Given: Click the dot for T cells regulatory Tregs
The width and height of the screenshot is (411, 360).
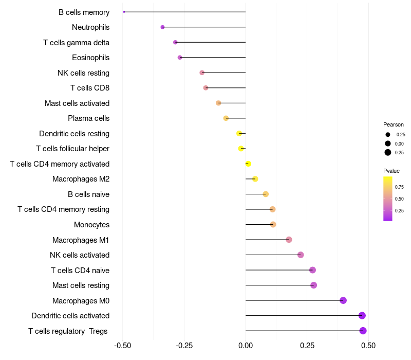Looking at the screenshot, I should [x=363, y=331].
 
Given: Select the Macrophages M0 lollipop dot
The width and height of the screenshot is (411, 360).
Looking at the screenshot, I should [x=343, y=300].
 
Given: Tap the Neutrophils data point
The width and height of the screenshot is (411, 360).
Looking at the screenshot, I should [x=162, y=27].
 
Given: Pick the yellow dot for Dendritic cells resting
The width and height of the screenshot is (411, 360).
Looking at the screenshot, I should [x=239, y=133].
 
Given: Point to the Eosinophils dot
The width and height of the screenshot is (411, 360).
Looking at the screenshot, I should [x=180, y=57].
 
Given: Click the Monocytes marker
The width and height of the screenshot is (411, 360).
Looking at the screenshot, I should [x=273, y=224].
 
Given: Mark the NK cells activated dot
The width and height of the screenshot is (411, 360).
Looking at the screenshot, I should [x=301, y=255].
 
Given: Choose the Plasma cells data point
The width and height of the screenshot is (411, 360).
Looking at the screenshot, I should [x=226, y=118].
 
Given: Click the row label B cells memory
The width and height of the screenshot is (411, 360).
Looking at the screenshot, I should [x=84, y=12].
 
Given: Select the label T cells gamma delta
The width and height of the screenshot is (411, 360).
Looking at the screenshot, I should [x=76, y=42].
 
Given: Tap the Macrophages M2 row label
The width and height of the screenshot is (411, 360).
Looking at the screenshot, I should [x=81, y=179].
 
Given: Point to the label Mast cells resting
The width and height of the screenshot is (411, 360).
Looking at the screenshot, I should [x=81, y=285].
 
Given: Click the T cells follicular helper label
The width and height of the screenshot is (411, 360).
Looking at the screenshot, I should [x=72, y=149].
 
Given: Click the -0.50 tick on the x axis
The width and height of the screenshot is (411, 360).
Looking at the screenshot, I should [x=122, y=345].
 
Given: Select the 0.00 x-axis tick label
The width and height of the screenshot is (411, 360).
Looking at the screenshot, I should [x=246, y=345].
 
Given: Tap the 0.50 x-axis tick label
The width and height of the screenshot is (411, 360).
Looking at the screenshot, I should [x=368, y=345].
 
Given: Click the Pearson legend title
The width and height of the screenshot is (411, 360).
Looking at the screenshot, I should [x=393, y=124].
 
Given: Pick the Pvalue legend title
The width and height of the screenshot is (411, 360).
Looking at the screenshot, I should [x=391, y=171].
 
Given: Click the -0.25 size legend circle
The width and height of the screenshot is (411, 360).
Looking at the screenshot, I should [x=387, y=134].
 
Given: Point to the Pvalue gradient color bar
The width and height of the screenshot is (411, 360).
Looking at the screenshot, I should [x=388, y=199].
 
